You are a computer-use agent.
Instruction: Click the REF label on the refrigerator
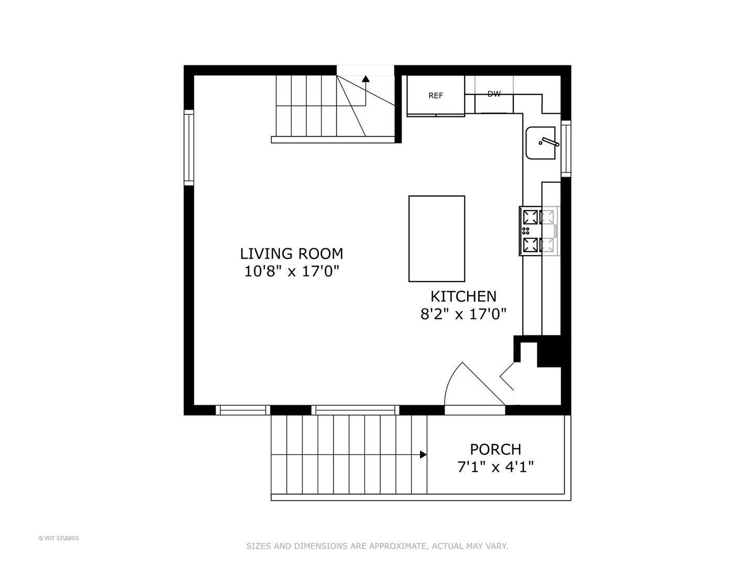436,95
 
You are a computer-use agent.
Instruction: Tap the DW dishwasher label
494,94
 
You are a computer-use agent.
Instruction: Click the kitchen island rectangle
436,238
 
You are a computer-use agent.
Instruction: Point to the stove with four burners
538,231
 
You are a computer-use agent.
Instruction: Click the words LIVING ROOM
292,254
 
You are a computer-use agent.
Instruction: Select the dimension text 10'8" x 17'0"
292,271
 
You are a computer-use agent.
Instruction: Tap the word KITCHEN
463,297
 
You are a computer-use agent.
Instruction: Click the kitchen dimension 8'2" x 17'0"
463,314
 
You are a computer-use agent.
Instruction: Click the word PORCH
495,450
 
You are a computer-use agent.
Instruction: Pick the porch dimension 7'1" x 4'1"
495,467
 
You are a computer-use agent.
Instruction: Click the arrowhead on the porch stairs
423,455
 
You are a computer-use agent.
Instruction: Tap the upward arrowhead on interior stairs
365,79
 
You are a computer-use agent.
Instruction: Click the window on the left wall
189,147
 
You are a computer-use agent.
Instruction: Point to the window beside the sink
566,148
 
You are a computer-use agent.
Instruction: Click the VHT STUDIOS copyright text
59,538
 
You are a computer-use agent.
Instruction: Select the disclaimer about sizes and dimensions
377,546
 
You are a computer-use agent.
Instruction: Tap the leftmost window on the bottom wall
242,410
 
